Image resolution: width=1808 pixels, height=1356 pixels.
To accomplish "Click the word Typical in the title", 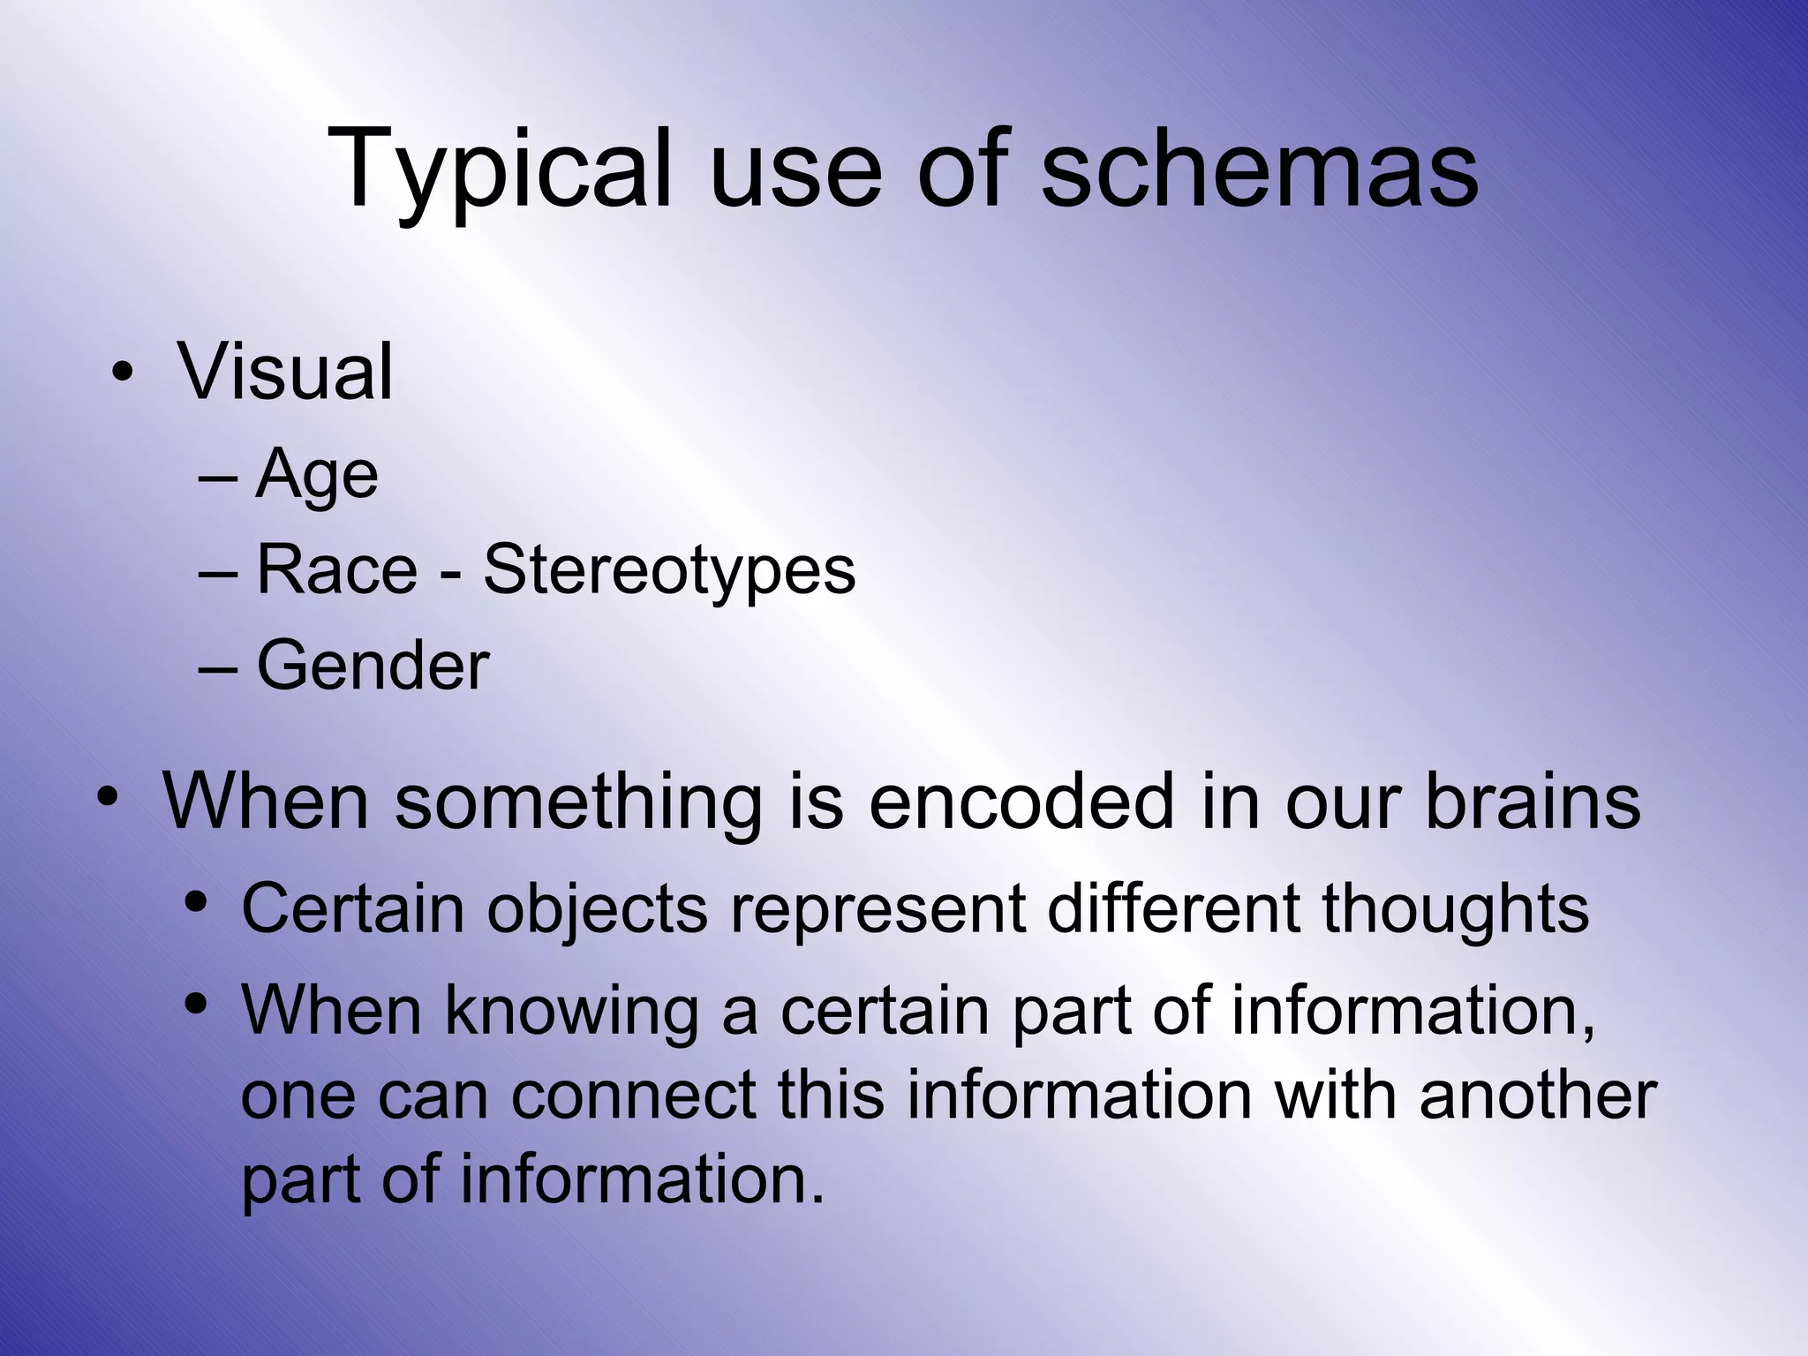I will pyautogui.click(x=500, y=169).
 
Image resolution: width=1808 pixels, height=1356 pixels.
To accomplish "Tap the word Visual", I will pyautogui.click(x=285, y=372).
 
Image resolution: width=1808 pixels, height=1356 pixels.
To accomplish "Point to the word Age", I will pyautogui.click(x=317, y=476).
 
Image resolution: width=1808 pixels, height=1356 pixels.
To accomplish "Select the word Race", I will pyautogui.click(x=336, y=569).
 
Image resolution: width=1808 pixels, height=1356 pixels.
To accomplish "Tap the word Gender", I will pyautogui.click(x=373, y=665).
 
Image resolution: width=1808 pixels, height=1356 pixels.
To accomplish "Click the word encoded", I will pyautogui.click(x=1021, y=802).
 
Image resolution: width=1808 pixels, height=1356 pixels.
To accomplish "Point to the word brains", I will pyautogui.click(x=1533, y=802).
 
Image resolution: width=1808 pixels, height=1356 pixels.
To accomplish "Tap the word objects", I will pyautogui.click(x=598, y=909).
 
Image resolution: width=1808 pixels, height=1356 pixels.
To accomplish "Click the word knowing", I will pyautogui.click(x=572, y=1011).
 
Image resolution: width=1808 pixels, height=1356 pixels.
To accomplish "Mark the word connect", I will pyautogui.click(x=633, y=1095).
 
